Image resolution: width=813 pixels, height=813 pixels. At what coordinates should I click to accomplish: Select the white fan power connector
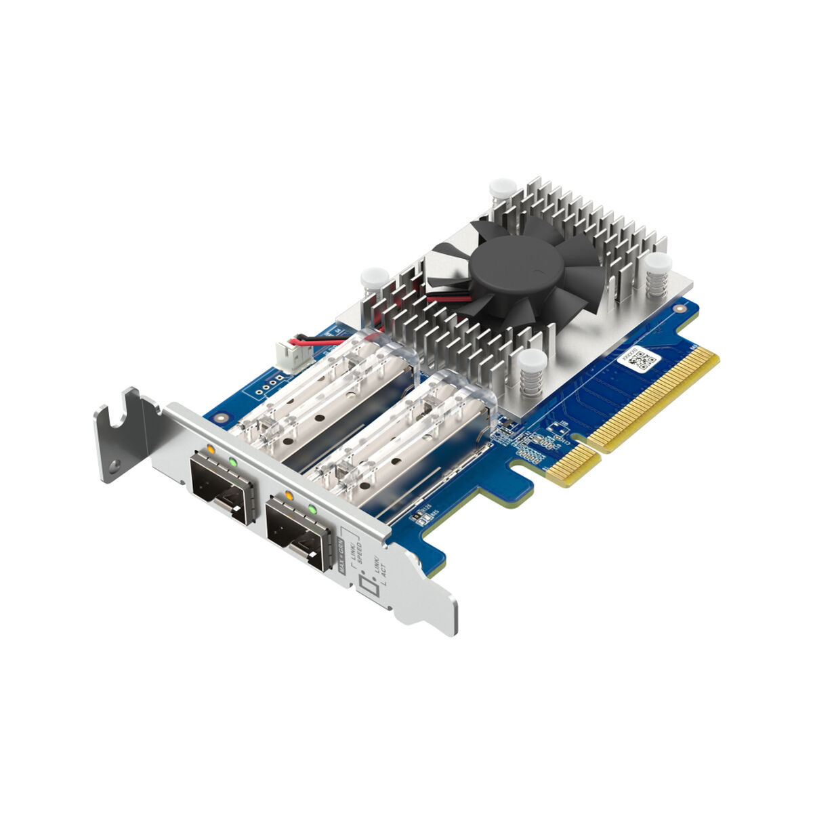[x=285, y=353]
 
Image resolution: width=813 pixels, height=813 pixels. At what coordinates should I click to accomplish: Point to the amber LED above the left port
[x=211, y=449]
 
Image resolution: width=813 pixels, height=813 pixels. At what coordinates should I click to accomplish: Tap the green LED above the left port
[x=234, y=462]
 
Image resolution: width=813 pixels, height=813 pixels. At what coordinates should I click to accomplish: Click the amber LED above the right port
[x=289, y=495]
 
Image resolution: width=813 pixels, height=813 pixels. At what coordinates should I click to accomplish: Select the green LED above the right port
[x=312, y=509]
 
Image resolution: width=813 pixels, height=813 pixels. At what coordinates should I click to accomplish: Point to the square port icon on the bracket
[x=369, y=587]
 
